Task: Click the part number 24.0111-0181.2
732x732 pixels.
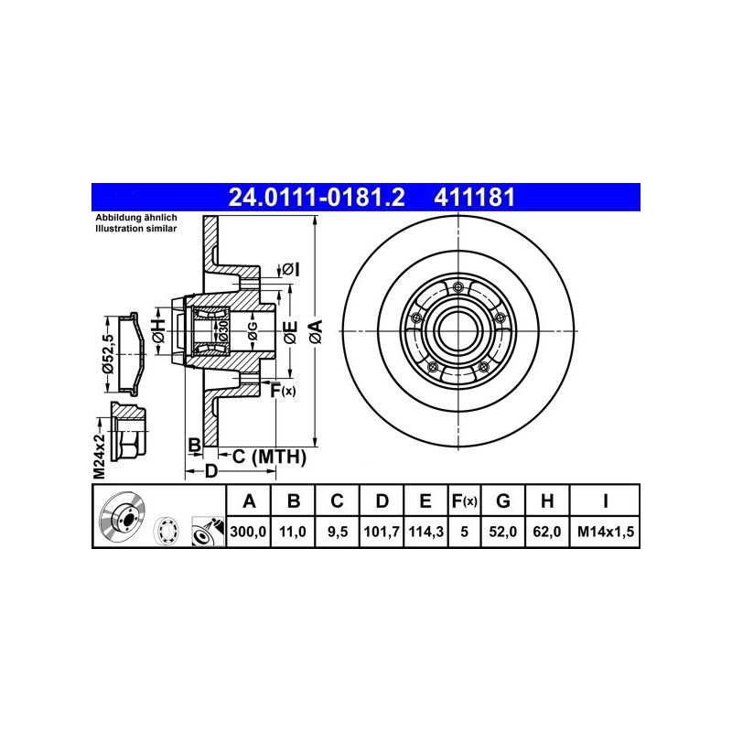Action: point(316,197)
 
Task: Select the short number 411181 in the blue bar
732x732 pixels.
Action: point(474,197)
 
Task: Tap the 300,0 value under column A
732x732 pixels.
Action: point(248,532)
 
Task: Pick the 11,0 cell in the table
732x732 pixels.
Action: point(292,532)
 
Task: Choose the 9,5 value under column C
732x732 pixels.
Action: point(337,532)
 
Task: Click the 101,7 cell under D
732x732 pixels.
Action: point(382,532)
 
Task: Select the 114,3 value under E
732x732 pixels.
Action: point(425,532)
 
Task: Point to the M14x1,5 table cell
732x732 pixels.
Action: point(606,532)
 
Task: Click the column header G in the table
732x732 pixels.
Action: point(502,501)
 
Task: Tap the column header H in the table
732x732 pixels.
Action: point(547,501)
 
